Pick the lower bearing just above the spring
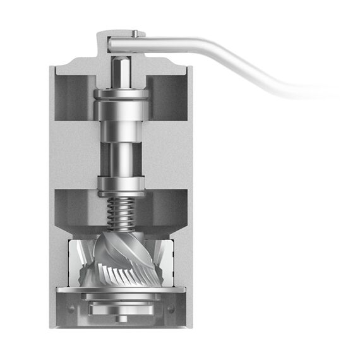point(120,185)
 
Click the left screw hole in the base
point(70,308)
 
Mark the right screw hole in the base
point(171,308)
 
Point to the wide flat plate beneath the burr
point(120,291)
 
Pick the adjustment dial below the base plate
point(120,306)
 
